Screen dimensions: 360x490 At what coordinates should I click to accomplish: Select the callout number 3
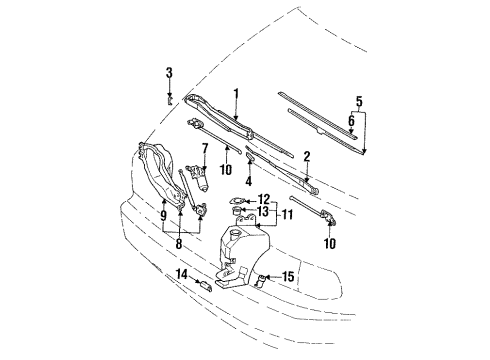[169, 72]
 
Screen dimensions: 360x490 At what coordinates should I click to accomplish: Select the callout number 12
[265, 198]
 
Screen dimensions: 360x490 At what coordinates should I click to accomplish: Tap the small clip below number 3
[169, 98]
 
